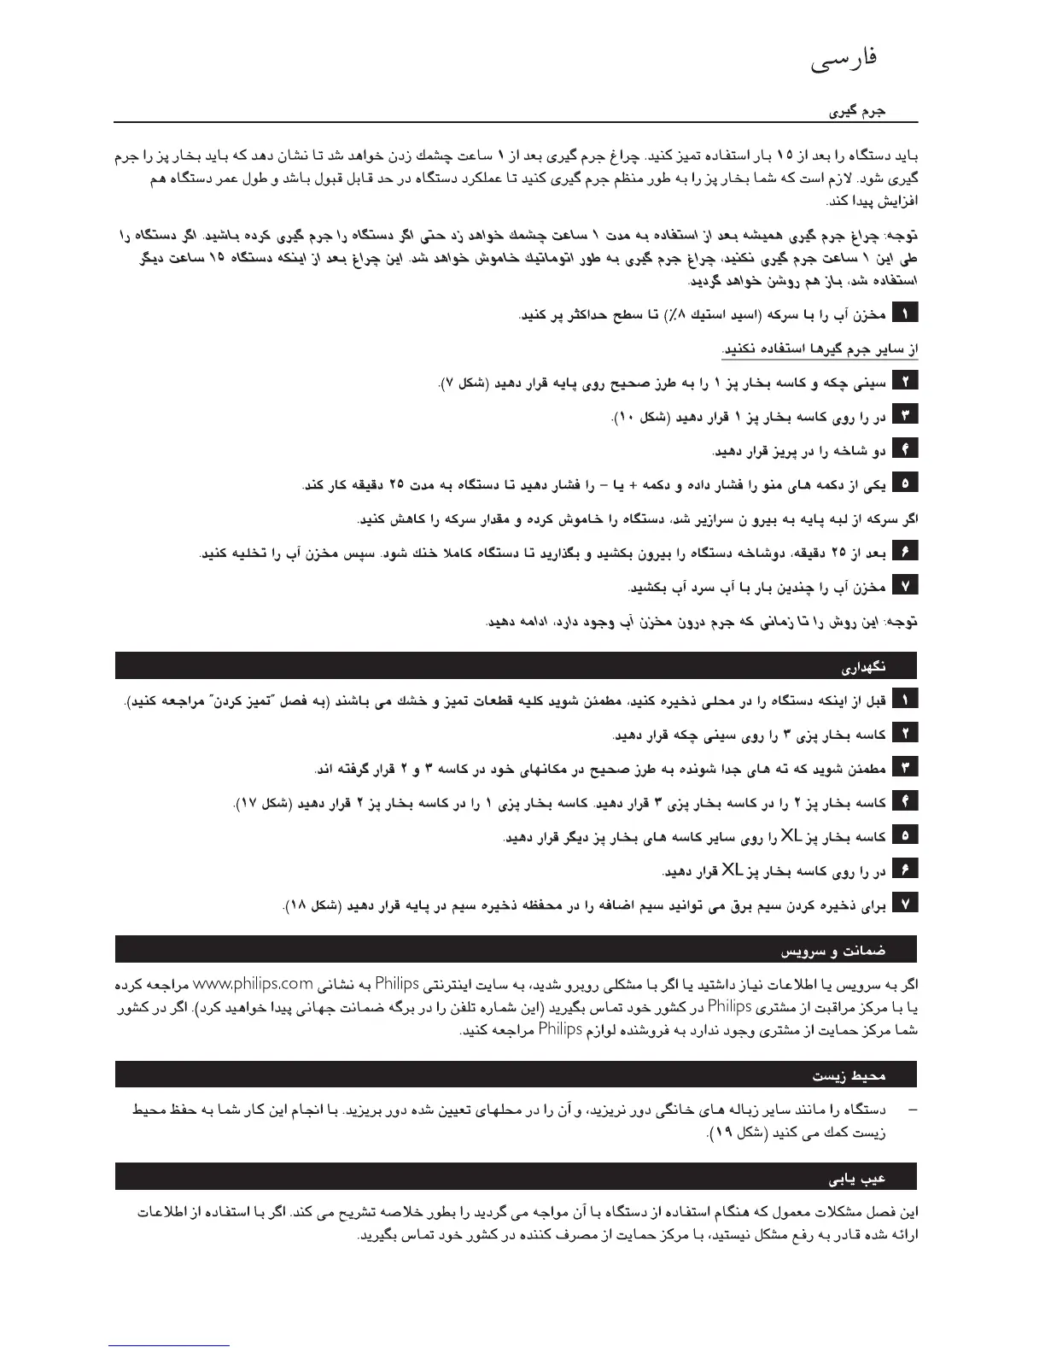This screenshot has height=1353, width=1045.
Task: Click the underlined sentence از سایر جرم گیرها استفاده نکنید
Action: point(820,349)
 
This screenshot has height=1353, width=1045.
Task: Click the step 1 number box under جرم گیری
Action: point(905,313)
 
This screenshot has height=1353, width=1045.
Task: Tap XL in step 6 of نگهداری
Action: point(733,870)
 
